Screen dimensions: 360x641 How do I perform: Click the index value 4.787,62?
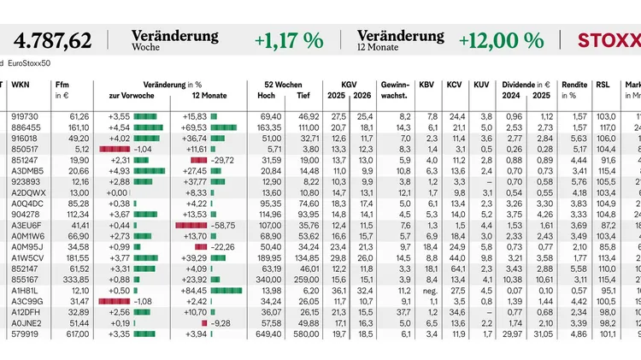(53, 40)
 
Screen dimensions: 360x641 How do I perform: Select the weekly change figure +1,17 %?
(288, 40)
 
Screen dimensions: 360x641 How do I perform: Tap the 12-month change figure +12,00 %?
(501, 40)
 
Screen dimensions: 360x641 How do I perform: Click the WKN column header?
(22, 85)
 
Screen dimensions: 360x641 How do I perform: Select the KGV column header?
(349, 85)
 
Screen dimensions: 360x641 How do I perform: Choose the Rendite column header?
(574, 85)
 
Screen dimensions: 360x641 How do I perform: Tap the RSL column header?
(603, 85)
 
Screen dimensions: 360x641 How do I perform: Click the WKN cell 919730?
(25, 115)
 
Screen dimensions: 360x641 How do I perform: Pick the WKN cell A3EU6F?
(25, 224)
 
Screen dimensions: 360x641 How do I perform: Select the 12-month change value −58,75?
(224, 224)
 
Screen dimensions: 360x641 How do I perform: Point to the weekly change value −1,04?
(142, 148)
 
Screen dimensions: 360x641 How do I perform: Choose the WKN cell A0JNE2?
(25, 322)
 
